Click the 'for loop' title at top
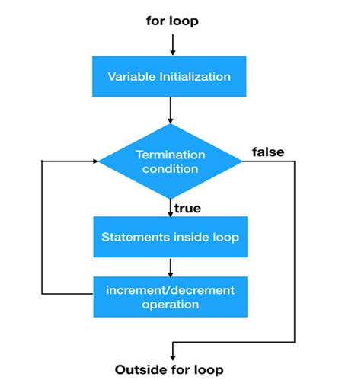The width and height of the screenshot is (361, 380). (172, 21)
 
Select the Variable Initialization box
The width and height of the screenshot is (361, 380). (170, 77)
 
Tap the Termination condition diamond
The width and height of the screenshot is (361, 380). (171, 161)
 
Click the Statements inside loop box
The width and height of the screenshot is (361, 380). (170, 237)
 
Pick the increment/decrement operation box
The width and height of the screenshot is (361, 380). (170, 296)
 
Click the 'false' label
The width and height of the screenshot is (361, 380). (267, 152)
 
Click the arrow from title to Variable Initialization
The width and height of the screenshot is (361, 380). (171, 43)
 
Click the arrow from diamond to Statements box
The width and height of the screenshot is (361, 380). (171, 205)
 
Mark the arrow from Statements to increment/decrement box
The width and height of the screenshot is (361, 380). (171, 266)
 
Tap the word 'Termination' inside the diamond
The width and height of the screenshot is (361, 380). (171, 154)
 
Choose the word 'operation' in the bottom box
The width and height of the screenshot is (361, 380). (170, 304)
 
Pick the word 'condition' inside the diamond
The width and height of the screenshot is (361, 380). (171, 169)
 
